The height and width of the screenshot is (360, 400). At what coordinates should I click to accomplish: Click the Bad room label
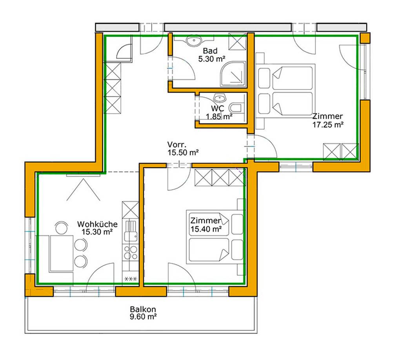point(210,51)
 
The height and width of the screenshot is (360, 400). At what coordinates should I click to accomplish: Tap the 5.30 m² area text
point(212,59)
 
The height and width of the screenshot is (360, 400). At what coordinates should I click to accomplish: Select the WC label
point(217,109)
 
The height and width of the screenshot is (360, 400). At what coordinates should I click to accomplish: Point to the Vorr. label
point(177,144)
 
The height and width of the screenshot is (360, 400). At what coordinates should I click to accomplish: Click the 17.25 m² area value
point(328,125)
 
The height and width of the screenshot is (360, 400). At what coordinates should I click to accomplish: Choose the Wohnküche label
point(97,224)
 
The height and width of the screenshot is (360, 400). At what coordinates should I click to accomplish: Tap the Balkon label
point(143,309)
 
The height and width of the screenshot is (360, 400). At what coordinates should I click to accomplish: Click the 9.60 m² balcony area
point(143,317)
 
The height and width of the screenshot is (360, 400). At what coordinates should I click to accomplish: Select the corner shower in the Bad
point(233,74)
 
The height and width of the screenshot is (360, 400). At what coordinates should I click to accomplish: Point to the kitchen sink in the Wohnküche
point(131,231)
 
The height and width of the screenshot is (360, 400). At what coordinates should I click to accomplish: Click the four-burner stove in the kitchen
point(131,252)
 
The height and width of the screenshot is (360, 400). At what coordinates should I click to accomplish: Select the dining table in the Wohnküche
point(62,253)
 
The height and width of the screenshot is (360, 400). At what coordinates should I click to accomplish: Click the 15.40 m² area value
point(206,229)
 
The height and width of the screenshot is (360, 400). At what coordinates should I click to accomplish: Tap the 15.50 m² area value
point(183,153)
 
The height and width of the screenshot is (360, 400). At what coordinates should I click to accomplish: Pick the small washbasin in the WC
point(219,98)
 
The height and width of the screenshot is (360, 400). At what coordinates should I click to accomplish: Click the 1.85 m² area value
point(219,116)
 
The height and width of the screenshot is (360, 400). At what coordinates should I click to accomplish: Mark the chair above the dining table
point(62,227)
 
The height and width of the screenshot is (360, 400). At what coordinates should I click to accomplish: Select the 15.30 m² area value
point(97,232)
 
